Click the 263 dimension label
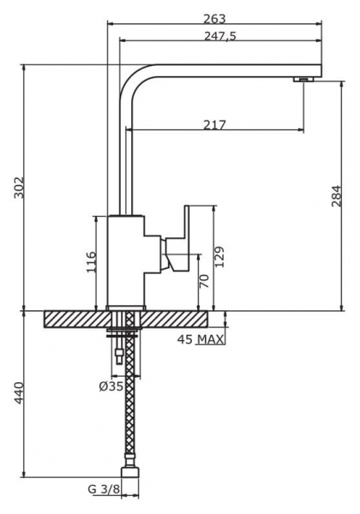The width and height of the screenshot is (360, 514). [214, 18]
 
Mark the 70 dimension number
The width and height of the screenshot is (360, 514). [204, 281]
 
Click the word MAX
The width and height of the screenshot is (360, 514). [210, 341]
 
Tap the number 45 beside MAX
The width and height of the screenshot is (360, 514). [185, 341]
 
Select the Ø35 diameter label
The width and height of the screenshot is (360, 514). [111, 386]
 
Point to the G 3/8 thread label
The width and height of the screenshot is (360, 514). [103, 490]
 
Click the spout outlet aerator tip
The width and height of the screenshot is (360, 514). [303, 80]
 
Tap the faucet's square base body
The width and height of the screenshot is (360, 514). [125, 261]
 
